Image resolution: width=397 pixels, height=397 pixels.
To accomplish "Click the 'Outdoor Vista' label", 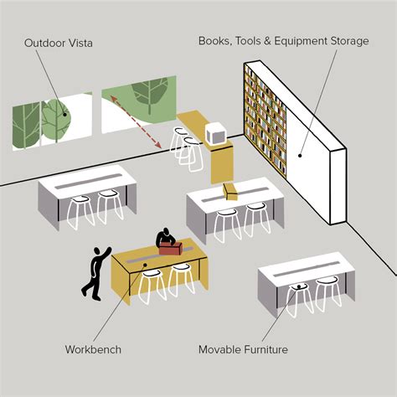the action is pos(59,43).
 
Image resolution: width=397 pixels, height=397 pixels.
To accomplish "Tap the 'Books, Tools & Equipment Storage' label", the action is pos(284,41).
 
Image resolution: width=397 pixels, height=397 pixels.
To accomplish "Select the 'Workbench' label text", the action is pos(93,349).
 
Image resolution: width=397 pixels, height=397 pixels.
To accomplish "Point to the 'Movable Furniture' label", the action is pos(243,349).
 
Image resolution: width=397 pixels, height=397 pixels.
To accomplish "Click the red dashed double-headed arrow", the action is pos(136,121).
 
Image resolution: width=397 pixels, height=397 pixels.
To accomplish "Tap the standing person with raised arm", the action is pos(95,273).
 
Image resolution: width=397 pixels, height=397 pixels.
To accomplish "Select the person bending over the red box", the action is pos(165,238).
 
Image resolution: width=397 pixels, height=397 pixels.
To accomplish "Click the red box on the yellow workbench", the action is pos(171,248).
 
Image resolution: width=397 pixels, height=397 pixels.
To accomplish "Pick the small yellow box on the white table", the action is pos(230,191).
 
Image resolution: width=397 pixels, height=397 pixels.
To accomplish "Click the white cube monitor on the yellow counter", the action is pos(215,133).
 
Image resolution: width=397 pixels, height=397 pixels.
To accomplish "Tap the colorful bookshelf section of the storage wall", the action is pos(266,120).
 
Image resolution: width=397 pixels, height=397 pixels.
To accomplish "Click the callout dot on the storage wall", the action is pos(300,156).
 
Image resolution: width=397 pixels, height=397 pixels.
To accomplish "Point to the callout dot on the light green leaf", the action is pos(64,114).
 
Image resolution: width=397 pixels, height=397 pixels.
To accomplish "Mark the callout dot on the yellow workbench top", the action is pos(145,265).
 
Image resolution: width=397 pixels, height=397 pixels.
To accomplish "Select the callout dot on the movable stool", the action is pos(299,286).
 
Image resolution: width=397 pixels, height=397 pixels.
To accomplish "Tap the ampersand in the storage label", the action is pos(267,41).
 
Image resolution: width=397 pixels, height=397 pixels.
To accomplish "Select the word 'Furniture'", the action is pos(266,349).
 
